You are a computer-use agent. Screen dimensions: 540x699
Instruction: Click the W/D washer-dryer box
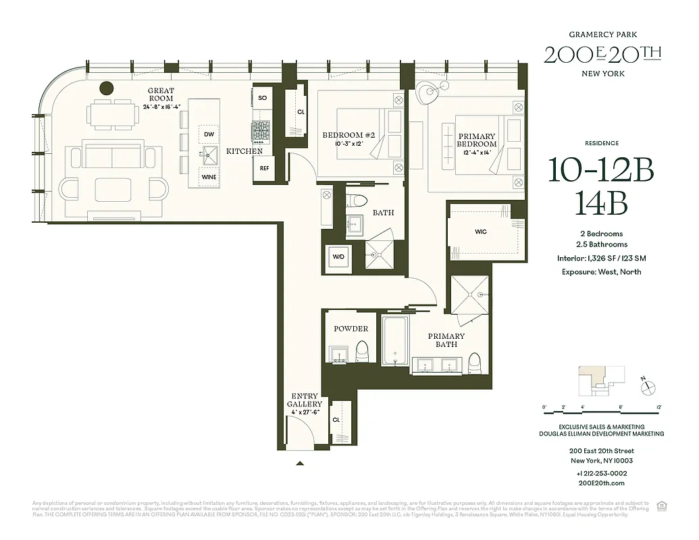338,257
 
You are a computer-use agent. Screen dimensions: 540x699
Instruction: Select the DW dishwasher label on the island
209,134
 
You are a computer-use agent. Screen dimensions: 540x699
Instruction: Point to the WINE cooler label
209,177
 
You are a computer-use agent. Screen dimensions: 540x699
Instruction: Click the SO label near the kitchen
262,99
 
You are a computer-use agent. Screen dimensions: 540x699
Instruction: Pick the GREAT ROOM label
161,94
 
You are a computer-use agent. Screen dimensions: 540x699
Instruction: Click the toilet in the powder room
363,351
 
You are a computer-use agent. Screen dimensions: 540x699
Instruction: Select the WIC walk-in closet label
480,232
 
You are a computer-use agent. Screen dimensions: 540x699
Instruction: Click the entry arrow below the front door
300,463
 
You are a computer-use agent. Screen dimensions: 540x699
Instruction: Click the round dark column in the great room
106,87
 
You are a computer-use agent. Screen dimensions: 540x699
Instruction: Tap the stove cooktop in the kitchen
261,130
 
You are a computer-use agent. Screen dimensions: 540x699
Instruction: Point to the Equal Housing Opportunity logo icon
663,505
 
